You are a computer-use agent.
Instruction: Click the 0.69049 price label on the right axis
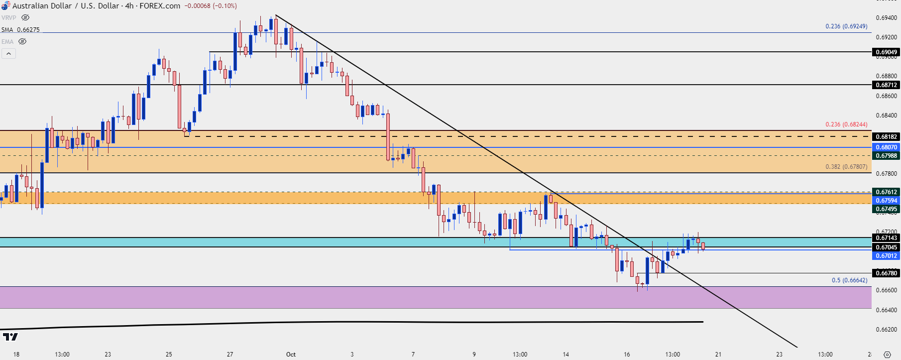[886, 52]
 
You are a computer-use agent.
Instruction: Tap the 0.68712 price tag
[886, 85]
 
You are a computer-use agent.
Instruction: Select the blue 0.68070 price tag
[886, 147]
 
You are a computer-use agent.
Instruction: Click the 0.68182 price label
[886, 137]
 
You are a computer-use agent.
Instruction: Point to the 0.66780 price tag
[886, 273]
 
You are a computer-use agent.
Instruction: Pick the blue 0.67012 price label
[886, 256]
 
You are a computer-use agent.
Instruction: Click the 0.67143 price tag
[886, 238]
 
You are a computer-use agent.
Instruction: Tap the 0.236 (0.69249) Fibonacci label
[846, 26]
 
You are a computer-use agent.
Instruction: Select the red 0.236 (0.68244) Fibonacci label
[846, 124]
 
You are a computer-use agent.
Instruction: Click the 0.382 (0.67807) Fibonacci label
[846, 167]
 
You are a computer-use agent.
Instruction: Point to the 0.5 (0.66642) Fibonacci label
[849, 280]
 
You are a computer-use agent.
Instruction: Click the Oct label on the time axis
[291, 355]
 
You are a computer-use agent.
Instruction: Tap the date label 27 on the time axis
[230, 355]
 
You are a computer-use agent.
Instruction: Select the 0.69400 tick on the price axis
[886, 18]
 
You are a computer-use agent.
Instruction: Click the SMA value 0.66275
[28, 30]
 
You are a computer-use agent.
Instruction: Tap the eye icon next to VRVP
[25, 17]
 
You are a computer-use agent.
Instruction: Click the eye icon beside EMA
[22, 42]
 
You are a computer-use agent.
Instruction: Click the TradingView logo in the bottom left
[10, 337]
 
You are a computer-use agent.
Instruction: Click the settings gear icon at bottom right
[887, 355]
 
